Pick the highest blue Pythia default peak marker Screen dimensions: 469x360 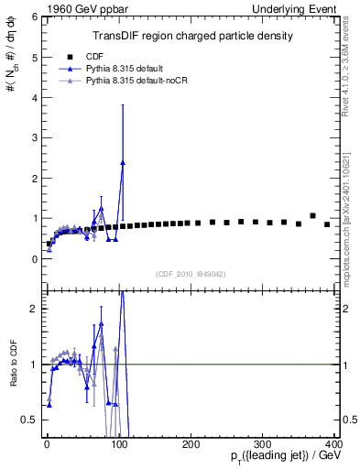[123, 162]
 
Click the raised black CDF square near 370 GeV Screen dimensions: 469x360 [312, 216]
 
